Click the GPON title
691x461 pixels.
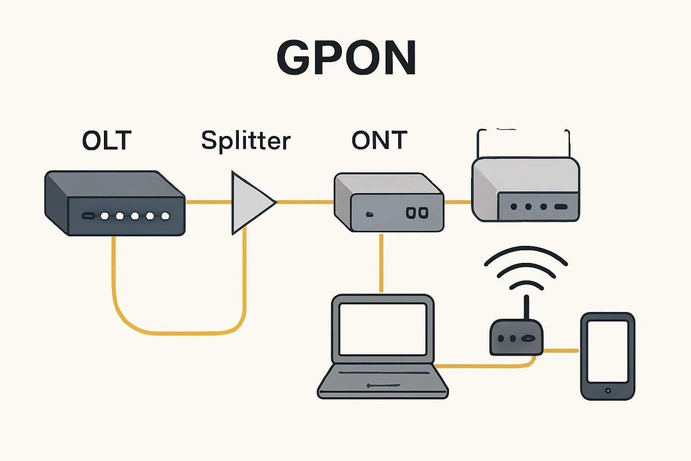pyautogui.click(x=346, y=58)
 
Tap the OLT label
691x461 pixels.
pyautogui.click(x=107, y=140)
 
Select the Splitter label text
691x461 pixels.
pyautogui.click(x=246, y=140)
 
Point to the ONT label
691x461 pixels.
pyautogui.click(x=379, y=140)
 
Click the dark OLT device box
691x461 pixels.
pyautogui.click(x=115, y=203)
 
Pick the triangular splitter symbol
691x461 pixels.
pyautogui.click(x=250, y=203)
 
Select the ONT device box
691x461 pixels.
pyautogui.click(x=389, y=203)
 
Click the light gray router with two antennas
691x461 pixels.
pyautogui.click(x=525, y=189)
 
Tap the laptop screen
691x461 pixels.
pyautogui.click(x=383, y=329)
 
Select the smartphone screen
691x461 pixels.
pyautogui.click(x=607, y=351)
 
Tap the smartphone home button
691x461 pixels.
pyautogui.click(x=608, y=390)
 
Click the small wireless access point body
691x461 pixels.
pyautogui.click(x=516, y=338)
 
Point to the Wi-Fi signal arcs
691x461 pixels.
pyautogui.click(x=526, y=268)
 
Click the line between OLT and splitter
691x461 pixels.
pyautogui.click(x=208, y=202)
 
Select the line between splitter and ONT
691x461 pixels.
pyautogui.click(x=305, y=202)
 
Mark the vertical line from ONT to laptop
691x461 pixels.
pyautogui.click(x=381, y=263)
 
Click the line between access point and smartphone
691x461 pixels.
pyautogui.click(x=561, y=350)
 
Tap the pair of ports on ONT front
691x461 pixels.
pyautogui.click(x=417, y=213)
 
